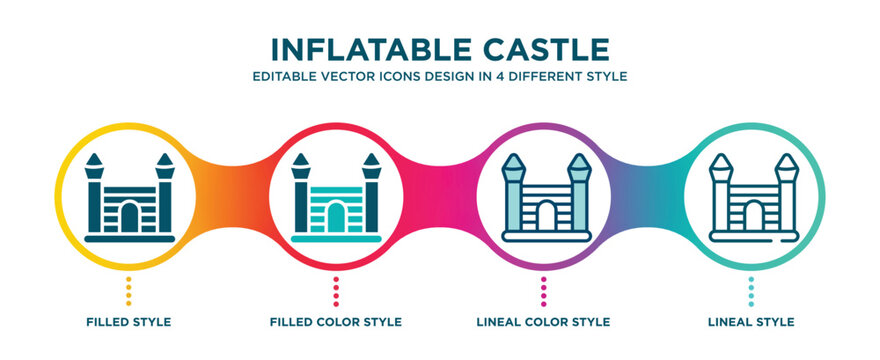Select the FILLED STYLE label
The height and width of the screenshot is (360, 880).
point(128,322)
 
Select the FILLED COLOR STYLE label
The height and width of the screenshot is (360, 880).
point(336,322)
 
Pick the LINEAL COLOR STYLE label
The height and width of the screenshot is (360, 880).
point(544,322)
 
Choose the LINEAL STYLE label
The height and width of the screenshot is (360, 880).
point(751,322)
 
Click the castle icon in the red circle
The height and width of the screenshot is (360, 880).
point(336,199)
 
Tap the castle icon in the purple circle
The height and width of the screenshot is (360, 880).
point(544,199)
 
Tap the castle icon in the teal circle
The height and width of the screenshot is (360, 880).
point(751,199)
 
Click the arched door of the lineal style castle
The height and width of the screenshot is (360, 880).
point(751,218)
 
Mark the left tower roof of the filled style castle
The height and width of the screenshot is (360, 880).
point(95,160)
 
